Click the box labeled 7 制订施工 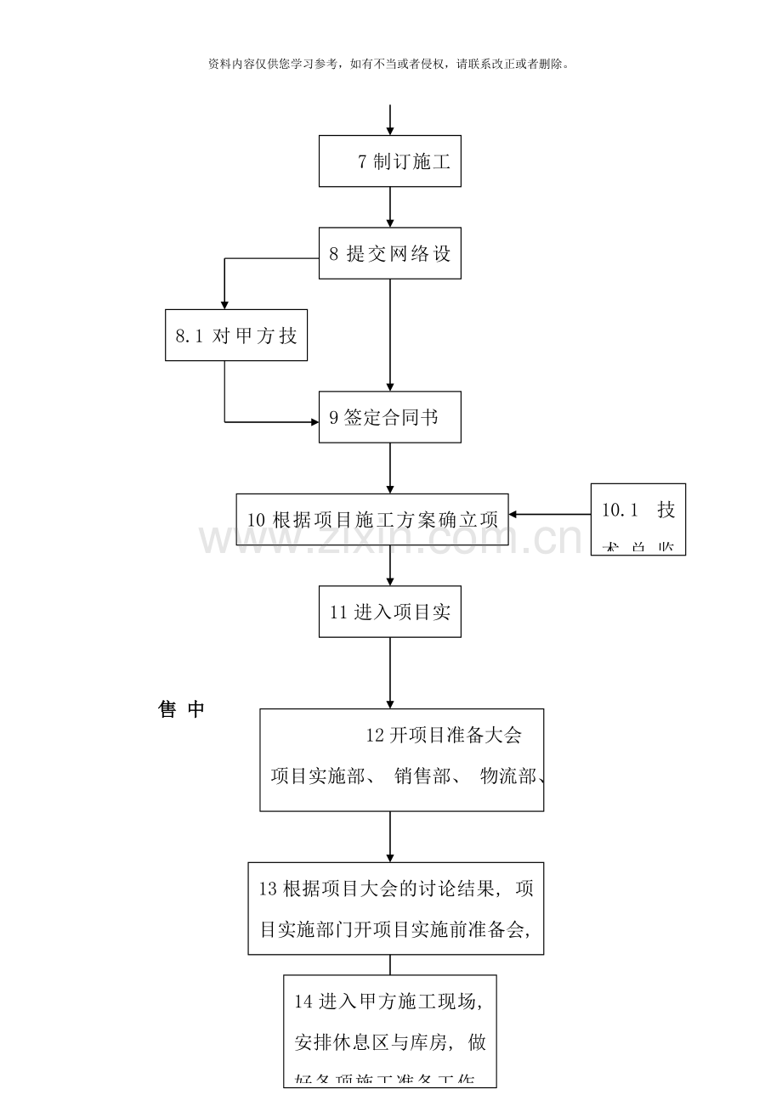pos(390,161)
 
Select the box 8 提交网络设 pos(390,253)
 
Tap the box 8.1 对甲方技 pos(236,336)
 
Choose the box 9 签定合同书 pos(390,417)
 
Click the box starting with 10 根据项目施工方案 pos(372,520)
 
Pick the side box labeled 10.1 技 pos(637,519)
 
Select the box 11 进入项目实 pos(390,612)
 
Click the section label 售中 pos(182,710)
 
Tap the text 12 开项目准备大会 pos(443,736)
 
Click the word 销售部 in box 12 pos(422,776)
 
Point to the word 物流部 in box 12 pos(508,776)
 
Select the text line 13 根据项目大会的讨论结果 pos(396,889)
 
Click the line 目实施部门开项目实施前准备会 pos(396,929)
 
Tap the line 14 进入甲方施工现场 pos(389,1002)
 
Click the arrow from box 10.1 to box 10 pos(550,514)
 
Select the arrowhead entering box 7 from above pos(390,130)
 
